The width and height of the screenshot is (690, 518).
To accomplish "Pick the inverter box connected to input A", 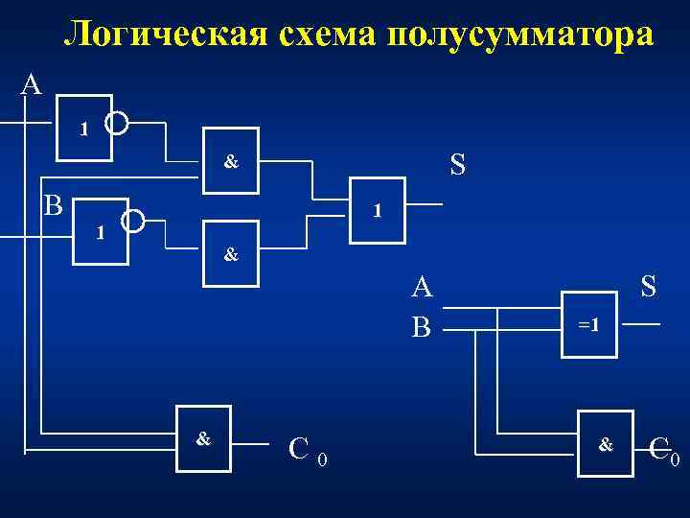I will (x=84, y=128).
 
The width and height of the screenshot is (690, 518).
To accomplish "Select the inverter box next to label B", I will (x=101, y=230).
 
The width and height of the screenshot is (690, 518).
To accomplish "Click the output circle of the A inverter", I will (x=117, y=122).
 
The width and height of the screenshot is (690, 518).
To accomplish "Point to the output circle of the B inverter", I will (x=133, y=222).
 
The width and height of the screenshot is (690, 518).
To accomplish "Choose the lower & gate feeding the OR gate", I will (x=230, y=255).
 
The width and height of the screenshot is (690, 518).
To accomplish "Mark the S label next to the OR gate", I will (x=457, y=165).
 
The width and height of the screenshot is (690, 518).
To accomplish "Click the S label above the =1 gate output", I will (x=648, y=286).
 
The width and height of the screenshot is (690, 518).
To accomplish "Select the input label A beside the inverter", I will (x=32, y=84).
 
